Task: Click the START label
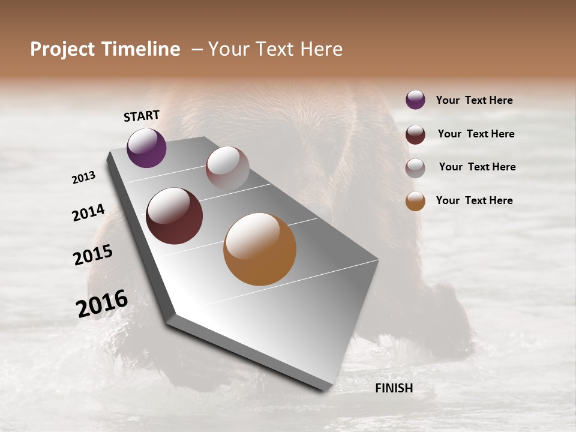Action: coord(142,116)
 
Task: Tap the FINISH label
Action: coord(394,388)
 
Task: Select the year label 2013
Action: coord(83,178)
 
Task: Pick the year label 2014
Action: coord(88,213)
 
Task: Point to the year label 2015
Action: coord(93,255)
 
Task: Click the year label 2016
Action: coord(102,304)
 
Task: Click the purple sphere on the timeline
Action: coord(146,148)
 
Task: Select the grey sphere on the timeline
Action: coord(227,167)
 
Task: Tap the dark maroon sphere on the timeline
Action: coord(174,216)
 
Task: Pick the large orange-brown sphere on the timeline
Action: coord(260,249)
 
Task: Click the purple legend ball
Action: coord(415,100)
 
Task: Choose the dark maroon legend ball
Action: coord(415,134)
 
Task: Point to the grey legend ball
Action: coord(415,168)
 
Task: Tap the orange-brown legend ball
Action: coord(415,202)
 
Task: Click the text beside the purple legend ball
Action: coord(474,100)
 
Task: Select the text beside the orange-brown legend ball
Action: coord(474,200)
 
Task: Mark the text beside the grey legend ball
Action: coord(477,167)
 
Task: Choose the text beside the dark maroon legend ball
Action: coord(476,134)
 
